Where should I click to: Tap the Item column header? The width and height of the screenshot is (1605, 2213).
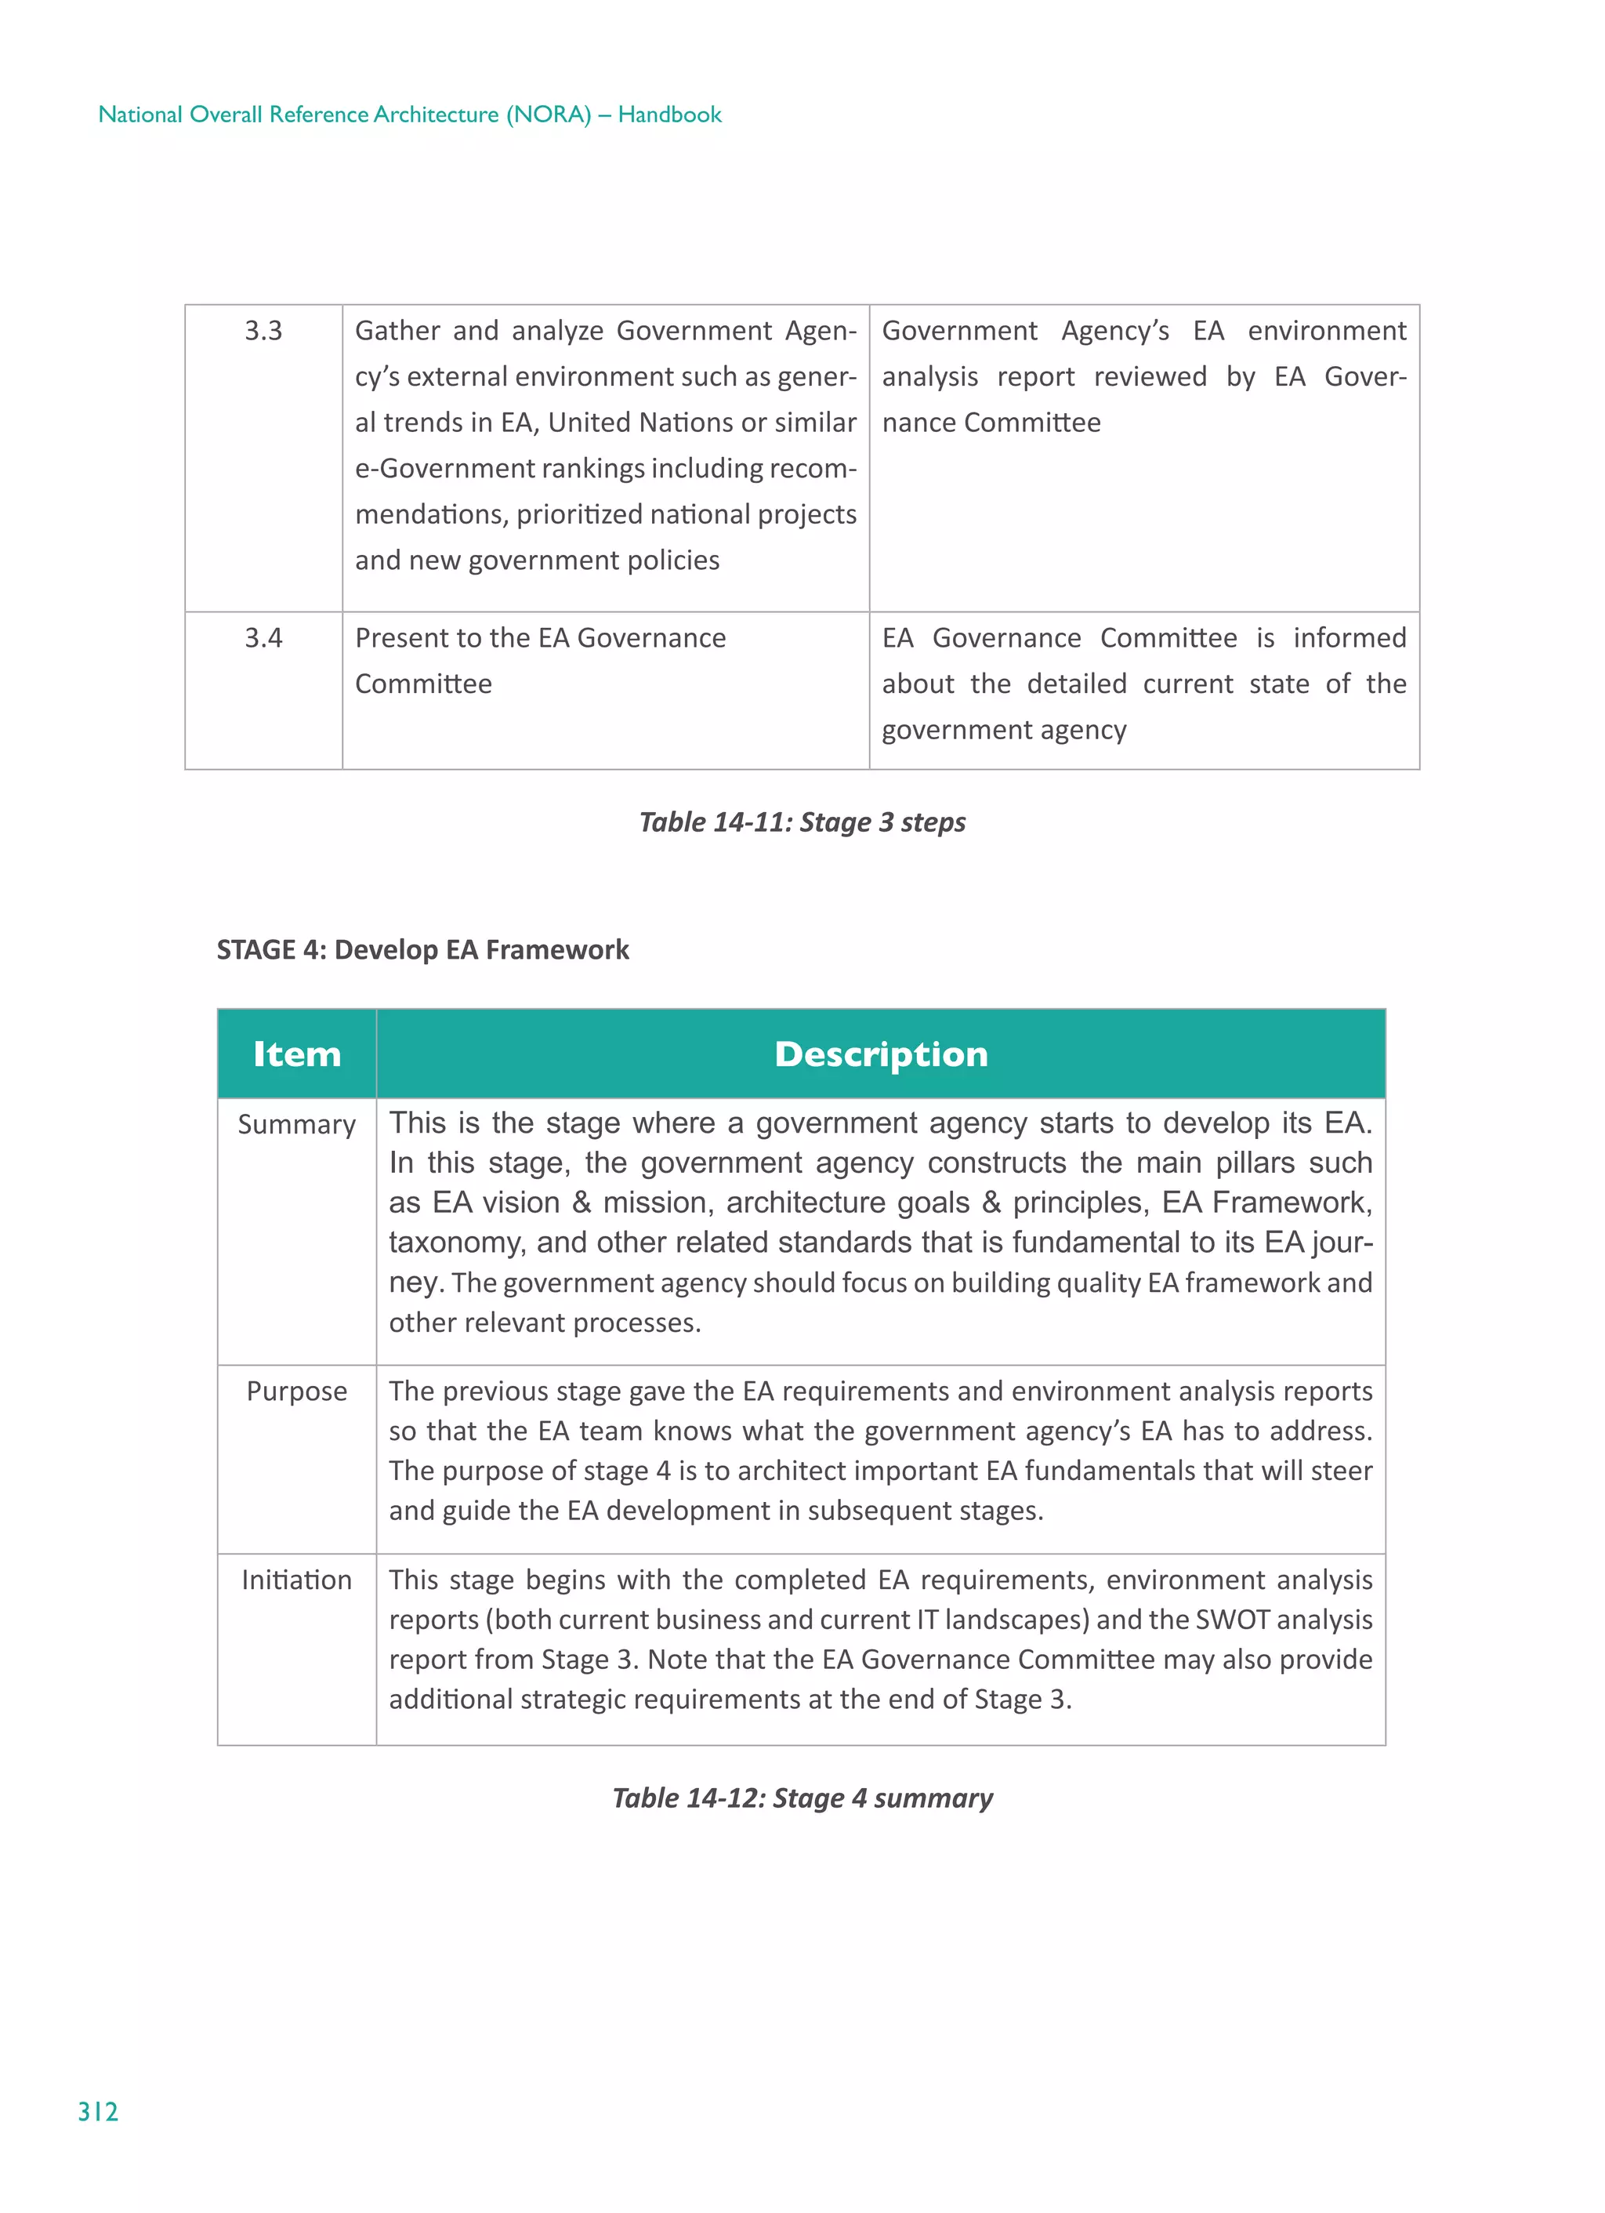(x=296, y=1054)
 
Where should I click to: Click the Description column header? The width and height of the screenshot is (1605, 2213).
(x=880, y=1054)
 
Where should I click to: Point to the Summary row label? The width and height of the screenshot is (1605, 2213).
(x=296, y=1125)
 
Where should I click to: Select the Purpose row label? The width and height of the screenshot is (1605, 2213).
(x=296, y=1391)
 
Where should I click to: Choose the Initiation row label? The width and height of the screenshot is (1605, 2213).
(x=296, y=1580)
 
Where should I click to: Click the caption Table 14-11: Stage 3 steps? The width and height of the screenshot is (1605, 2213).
(x=802, y=822)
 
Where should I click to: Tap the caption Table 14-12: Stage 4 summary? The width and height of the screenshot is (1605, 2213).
(x=802, y=1798)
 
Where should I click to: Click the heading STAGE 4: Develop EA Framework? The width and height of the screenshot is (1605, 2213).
(x=422, y=949)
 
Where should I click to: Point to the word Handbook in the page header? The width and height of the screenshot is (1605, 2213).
(x=669, y=115)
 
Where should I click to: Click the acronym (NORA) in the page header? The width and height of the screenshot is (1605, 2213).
(x=549, y=115)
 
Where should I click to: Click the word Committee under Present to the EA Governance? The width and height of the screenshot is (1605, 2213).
(x=423, y=684)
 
